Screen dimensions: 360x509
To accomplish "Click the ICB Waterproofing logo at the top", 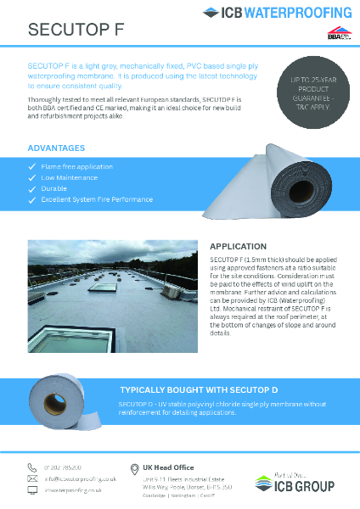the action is click(278, 13).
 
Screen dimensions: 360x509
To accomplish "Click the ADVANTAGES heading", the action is click(56, 148).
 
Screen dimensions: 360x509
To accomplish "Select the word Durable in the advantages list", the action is click(54, 189).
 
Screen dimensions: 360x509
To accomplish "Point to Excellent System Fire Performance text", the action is click(97, 199).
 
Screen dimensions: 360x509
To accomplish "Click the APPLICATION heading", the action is click(238, 247).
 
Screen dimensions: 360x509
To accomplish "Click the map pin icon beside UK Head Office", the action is click(134, 469).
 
